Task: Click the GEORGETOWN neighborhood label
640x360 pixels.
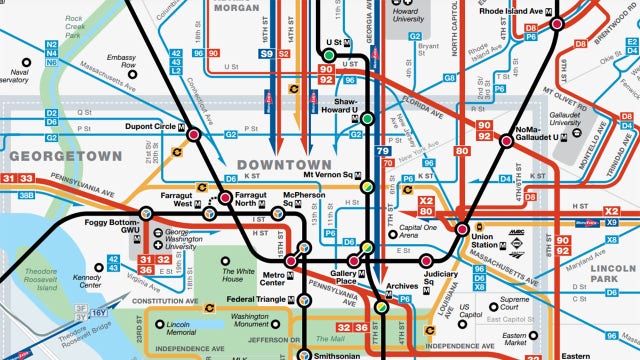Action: (65, 156)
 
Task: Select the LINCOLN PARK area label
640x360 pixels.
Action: (609, 278)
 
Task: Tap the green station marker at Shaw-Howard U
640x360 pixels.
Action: (367, 118)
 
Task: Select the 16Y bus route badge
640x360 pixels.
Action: (100, 312)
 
